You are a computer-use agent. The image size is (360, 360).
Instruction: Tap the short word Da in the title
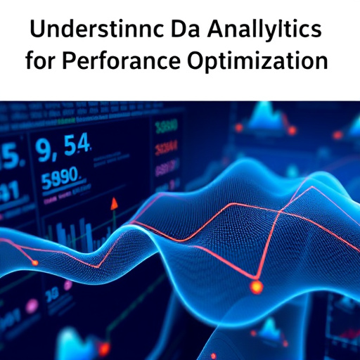(x=179, y=31)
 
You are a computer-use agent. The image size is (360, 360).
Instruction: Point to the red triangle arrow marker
(x=112, y=203)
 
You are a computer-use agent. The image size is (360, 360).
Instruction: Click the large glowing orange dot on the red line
(x=256, y=286)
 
